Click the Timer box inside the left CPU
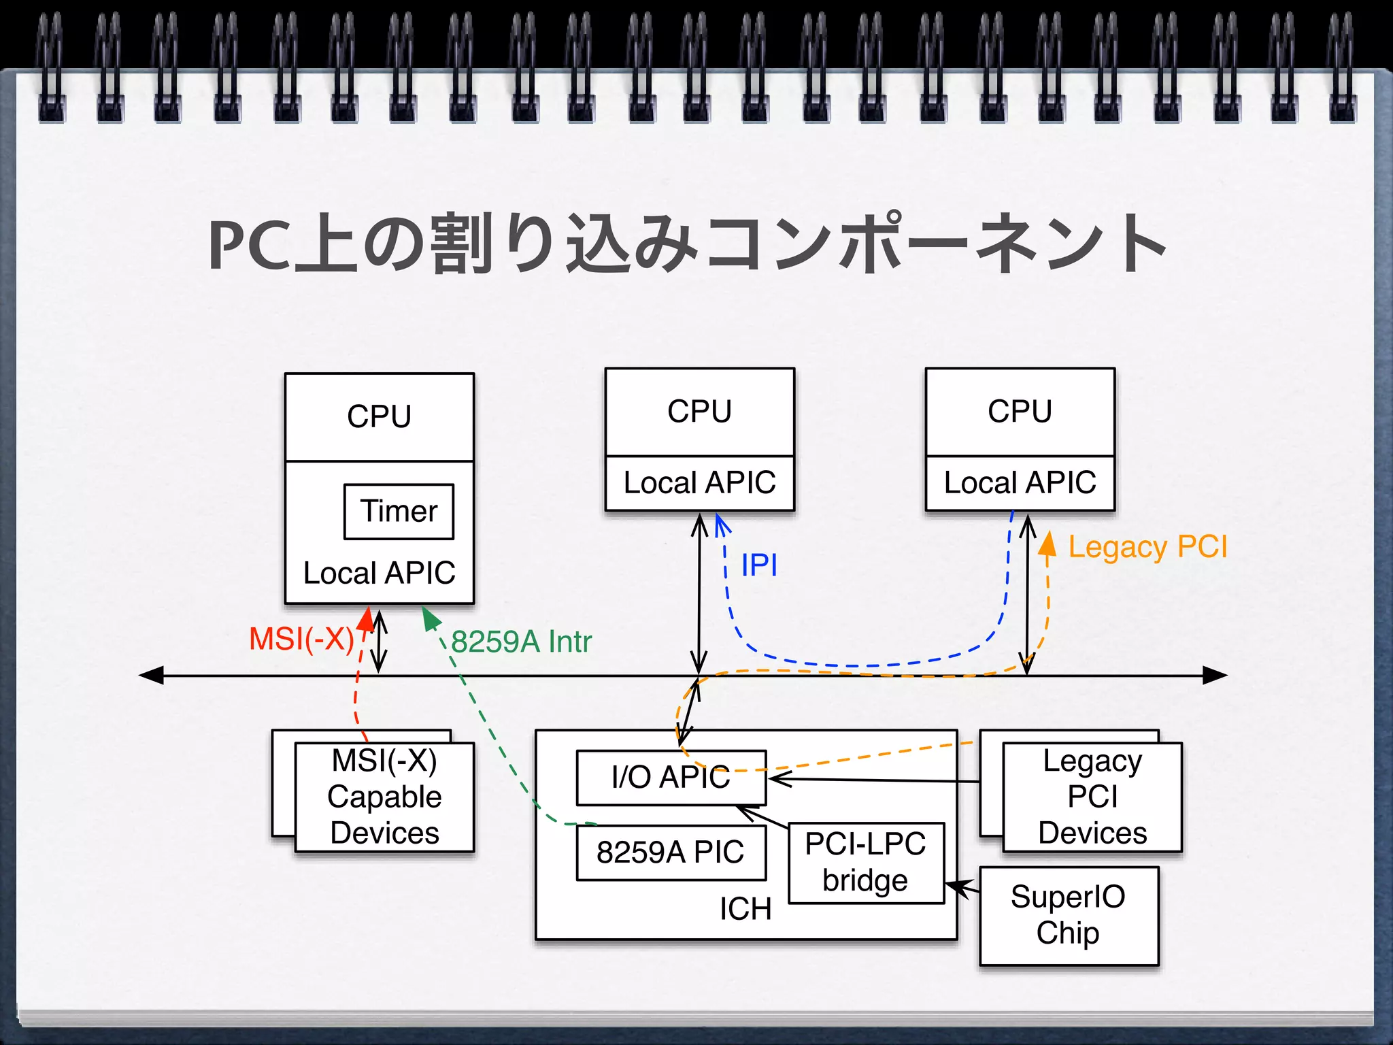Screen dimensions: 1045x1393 point(399,512)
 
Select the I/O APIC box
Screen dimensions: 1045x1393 point(671,778)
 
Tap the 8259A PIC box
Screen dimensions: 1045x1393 point(671,852)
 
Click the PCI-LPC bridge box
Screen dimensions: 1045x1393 point(866,863)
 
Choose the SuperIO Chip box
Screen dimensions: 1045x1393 point(1068,915)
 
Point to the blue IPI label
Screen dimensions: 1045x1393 point(759,565)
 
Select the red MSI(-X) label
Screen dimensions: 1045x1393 point(301,640)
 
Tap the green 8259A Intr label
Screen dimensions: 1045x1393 point(522,642)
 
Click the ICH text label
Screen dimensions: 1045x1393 point(745,909)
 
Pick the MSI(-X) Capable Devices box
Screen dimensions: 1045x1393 point(384,797)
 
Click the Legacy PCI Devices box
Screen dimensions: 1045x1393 point(1092,797)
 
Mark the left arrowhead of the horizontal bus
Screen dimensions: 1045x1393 point(151,676)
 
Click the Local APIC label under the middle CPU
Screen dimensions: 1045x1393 point(699,483)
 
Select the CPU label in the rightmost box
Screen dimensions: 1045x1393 point(1020,412)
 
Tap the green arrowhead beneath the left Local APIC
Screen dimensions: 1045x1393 point(431,618)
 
